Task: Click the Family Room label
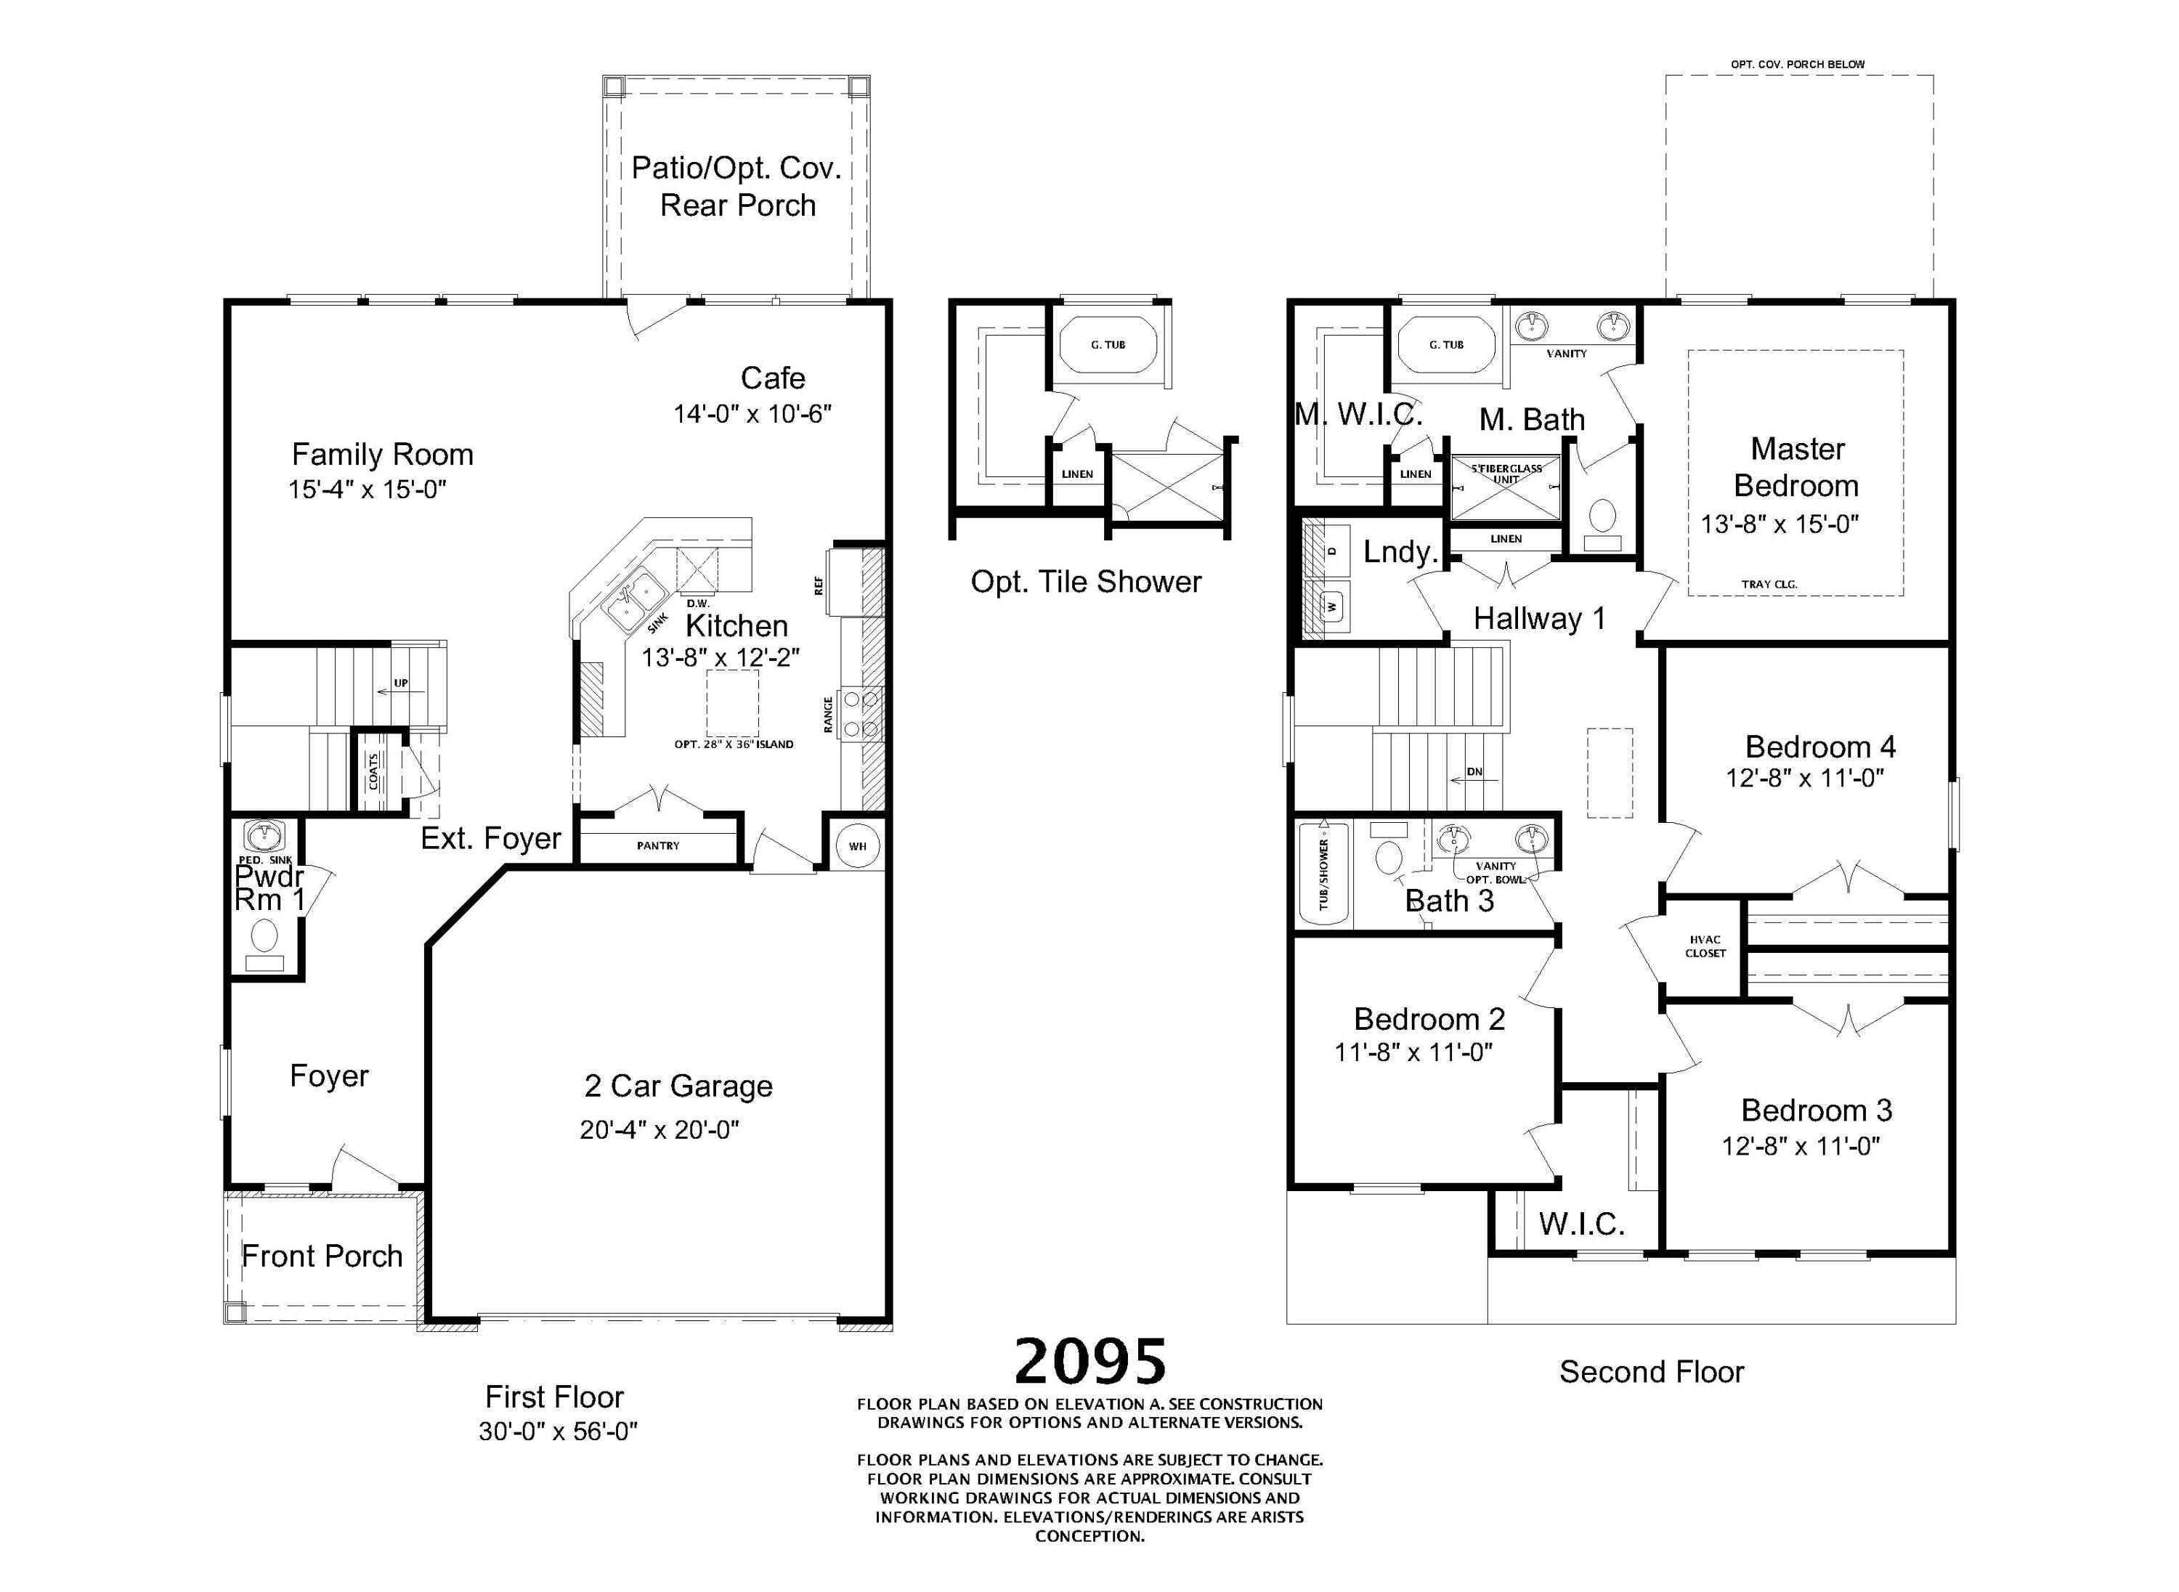[383, 454]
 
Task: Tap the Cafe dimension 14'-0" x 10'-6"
[752, 415]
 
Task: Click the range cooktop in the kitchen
[861, 713]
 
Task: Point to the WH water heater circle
[857, 846]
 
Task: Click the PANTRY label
[658, 845]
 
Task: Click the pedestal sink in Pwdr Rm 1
[262, 834]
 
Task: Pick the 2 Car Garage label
[678, 1086]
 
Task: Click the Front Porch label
[322, 1256]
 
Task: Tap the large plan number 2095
[1090, 1361]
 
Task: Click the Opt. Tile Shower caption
[1086, 581]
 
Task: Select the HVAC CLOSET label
[1705, 946]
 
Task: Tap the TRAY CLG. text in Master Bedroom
[1769, 584]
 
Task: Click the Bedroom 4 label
[1819, 746]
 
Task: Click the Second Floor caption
[1652, 1371]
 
